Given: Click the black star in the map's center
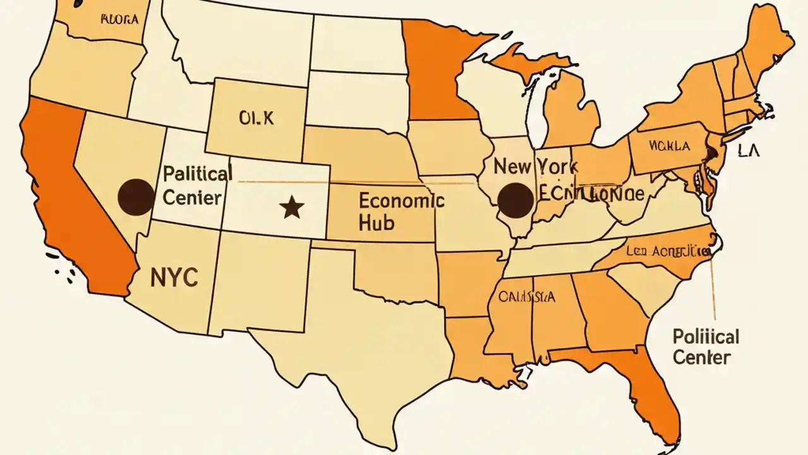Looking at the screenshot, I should [291, 207].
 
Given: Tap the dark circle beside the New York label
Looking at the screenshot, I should [516, 200].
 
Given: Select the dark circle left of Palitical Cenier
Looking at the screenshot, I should [136, 197].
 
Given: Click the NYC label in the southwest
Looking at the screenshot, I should [174, 276].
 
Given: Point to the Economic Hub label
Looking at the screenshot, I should [401, 211].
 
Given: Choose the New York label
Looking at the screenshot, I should [535, 167].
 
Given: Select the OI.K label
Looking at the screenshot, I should [256, 118].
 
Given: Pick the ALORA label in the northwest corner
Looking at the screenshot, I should [119, 18].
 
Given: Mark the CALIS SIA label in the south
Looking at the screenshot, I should [526, 297].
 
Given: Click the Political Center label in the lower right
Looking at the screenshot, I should [705, 346].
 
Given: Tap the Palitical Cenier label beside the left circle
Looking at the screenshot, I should [197, 185].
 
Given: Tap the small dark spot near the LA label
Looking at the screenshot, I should [710, 152].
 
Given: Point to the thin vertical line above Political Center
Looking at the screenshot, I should [713, 284].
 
